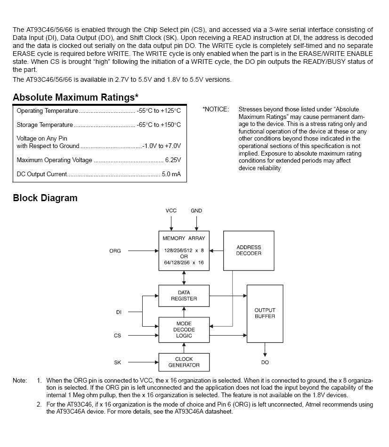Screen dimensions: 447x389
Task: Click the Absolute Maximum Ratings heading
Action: tap(75, 98)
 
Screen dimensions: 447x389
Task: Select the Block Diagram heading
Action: tap(45, 198)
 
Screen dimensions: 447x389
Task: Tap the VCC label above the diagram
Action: tap(171, 211)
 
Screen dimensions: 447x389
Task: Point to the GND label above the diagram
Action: tap(196, 211)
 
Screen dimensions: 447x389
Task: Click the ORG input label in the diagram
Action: tap(115, 251)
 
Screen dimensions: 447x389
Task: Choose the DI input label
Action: tap(119, 312)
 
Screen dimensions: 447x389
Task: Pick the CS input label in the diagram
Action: tap(118, 336)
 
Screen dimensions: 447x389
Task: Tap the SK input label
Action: tap(118, 362)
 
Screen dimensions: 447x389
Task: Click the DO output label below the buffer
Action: tap(265, 362)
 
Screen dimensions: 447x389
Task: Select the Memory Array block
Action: tap(184, 251)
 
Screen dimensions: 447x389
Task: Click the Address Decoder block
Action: tap(249, 251)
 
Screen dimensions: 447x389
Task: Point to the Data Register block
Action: tap(184, 296)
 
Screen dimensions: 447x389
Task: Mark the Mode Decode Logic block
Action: tap(184, 329)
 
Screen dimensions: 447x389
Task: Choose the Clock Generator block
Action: tap(184, 362)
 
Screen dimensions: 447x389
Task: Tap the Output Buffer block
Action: tap(265, 314)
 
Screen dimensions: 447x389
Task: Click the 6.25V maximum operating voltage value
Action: tap(173, 160)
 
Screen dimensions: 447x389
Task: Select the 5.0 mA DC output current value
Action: tap(171, 174)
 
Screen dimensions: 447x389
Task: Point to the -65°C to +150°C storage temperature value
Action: tap(159, 125)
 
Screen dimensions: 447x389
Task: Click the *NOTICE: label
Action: tap(216, 110)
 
